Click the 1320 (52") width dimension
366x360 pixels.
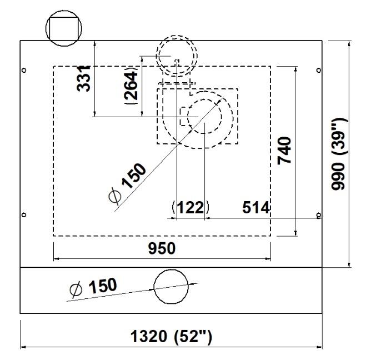(x=171, y=337)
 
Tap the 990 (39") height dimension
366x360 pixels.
(x=339, y=154)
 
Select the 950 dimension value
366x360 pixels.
(x=162, y=248)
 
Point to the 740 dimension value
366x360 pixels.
(x=284, y=151)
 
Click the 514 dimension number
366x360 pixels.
(x=256, y=207)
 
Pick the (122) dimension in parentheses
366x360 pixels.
(x=190, y=207)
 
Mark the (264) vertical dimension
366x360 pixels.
(x=131, y=86)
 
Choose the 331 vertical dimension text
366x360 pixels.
(x=83, y=78)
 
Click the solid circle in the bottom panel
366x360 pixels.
(x=171, y=287)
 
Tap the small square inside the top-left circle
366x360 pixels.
(x=64, y=29)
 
